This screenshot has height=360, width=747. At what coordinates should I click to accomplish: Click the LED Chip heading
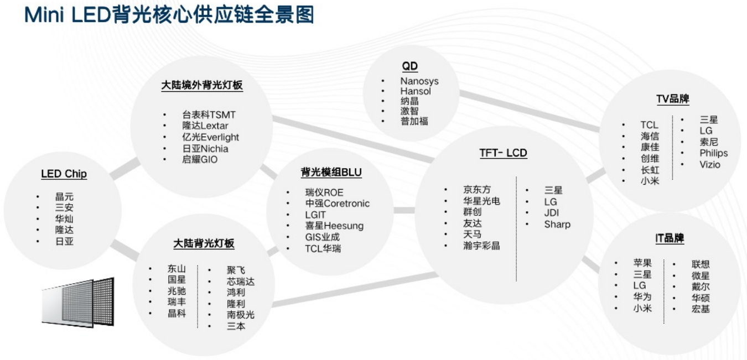coord(64,174)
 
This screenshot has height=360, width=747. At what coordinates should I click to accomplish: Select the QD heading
coord(409,66)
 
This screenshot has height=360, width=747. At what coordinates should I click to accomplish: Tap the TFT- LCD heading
coord(503,153)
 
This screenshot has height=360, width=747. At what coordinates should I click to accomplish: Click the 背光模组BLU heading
coord(331,173)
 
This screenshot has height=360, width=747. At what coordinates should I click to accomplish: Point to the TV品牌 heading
coord(672,100)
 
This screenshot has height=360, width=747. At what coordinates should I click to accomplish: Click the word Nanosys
coord(419,81)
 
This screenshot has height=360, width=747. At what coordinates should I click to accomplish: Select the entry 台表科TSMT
coord(209,115)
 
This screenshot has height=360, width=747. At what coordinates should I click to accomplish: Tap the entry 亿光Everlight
coord(210,137)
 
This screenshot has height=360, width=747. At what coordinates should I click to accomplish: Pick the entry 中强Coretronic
coord(337,204)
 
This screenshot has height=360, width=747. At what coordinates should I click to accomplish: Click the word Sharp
coord(557,225)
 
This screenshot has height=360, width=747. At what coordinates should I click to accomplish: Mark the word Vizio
coord(709,164)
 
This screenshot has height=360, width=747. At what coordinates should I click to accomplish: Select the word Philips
coord(713,153)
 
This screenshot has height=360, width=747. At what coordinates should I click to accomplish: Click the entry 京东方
coord(476,190)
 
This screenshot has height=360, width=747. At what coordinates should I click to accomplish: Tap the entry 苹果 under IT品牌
coord(642,263)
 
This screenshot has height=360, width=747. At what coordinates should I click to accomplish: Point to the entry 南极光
coord(240,315)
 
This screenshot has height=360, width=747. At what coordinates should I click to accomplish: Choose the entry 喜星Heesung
coord(334,226)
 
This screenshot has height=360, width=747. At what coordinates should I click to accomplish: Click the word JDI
coord(552,213)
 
